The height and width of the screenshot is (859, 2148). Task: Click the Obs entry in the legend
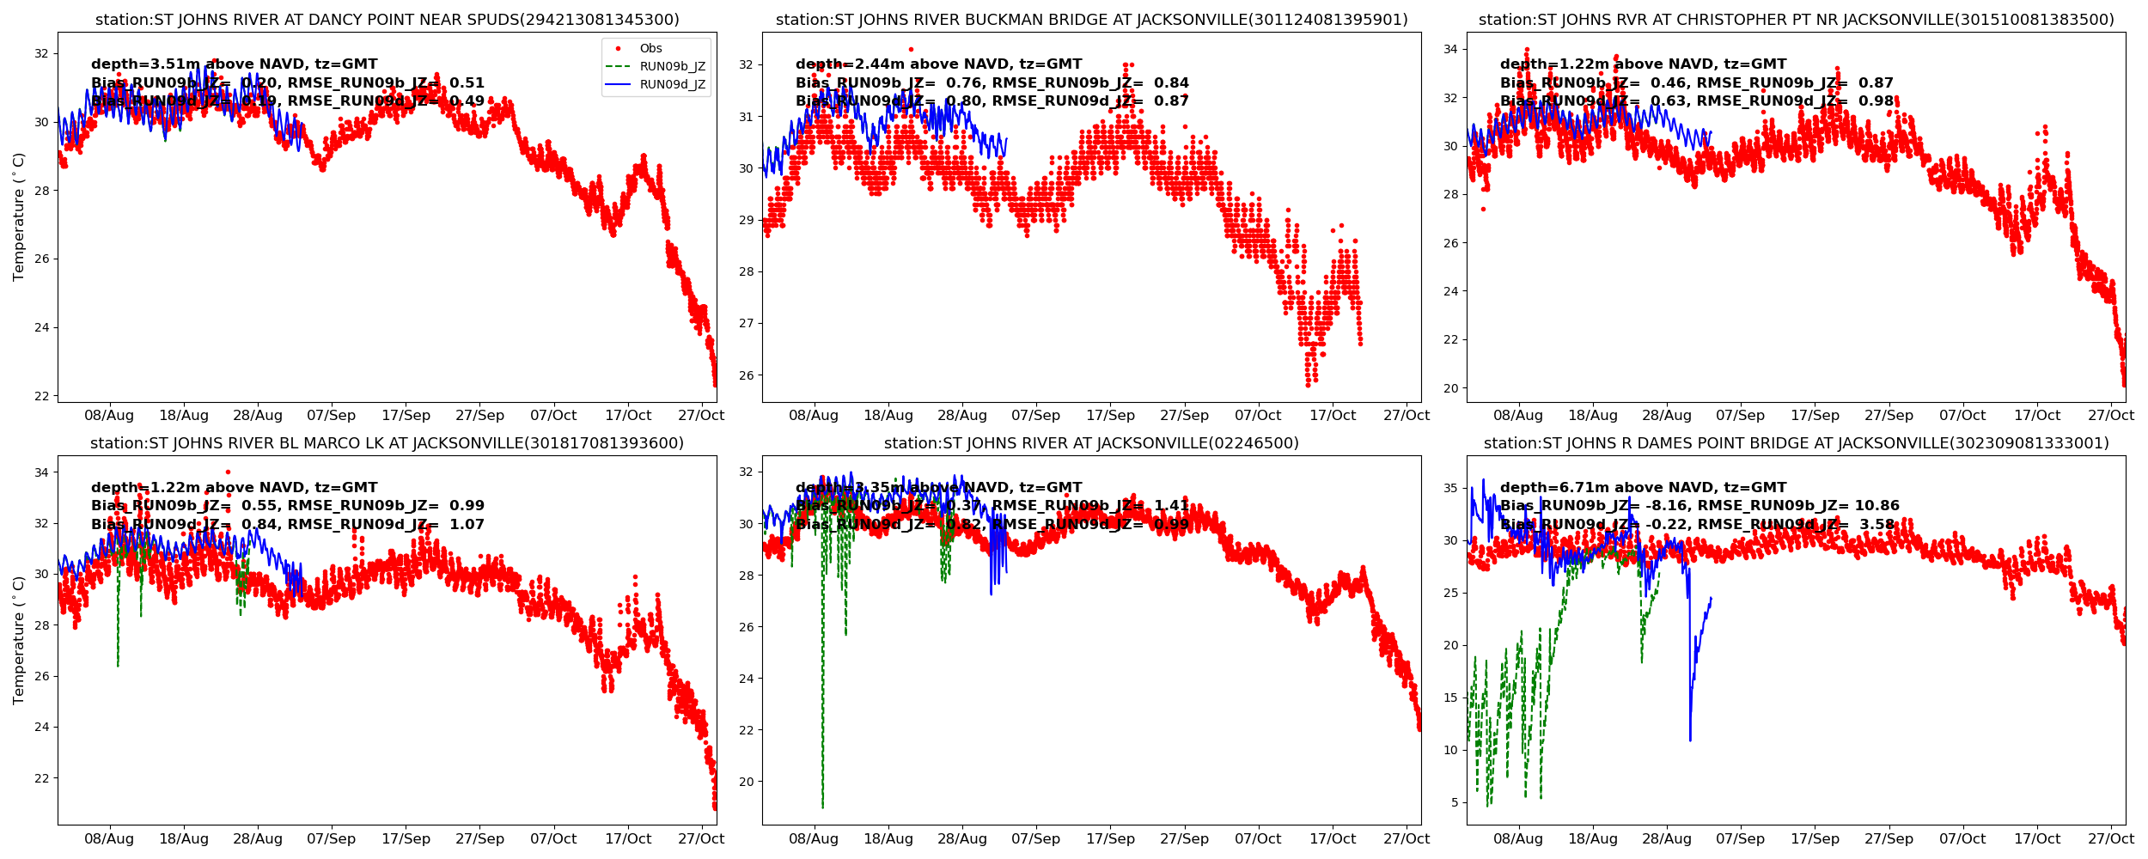point(650,49)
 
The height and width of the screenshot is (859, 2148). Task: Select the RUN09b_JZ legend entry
point(672,67)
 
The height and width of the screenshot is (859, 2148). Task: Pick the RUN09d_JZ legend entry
point(672,85)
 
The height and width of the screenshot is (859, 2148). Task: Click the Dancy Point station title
point(387,20)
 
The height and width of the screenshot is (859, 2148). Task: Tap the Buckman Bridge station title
point(1091,20)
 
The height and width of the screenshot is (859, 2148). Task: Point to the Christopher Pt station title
point(1796,20)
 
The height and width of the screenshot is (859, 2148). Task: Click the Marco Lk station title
point(387,443)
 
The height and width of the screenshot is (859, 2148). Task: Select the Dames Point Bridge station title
point(1796,443)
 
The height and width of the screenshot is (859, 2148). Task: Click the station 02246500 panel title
point(1091,443)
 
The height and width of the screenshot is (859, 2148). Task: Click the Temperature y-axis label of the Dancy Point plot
point(19,216)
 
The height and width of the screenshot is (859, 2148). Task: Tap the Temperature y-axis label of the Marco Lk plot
point(19,640)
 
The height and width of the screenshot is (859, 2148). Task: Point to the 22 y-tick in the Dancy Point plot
point(41,396)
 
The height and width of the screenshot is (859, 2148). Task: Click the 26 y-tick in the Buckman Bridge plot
point(746,375)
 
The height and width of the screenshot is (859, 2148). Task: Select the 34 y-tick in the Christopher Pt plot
point(1450,50)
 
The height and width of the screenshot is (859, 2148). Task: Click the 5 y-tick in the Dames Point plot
point(1455,802)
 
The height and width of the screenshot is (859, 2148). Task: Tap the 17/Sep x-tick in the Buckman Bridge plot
point(1110,416)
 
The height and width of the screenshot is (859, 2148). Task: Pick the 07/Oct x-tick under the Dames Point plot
point(1962,839)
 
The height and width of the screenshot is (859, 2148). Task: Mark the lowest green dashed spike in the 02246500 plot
point(822,806)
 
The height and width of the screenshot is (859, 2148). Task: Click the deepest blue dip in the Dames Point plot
point(1690,740)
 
